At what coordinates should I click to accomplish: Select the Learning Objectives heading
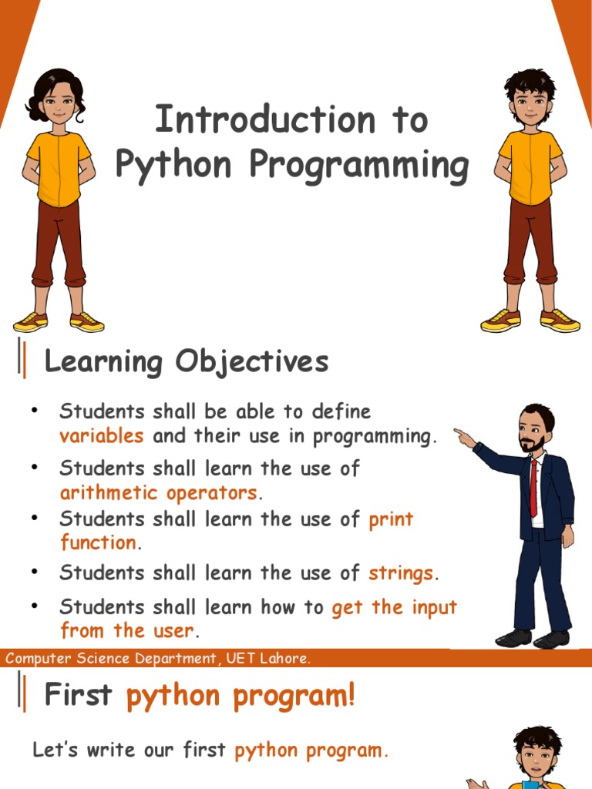[x=187, y=361]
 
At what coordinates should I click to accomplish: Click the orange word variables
[x=102, y=436]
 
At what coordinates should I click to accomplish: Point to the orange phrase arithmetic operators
[x=158, y=492]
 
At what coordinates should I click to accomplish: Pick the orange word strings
[x=401, y=573]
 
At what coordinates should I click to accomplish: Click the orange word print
[x=391, y=519]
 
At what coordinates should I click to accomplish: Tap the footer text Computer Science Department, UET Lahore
[x=158, y=659]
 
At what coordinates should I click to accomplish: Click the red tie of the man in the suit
[x=533, y=486]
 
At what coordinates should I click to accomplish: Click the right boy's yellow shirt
[x=530, y=165]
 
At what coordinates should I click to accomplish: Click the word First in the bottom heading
[x=79, y=696]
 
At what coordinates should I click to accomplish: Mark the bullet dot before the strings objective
[x=35, y=572]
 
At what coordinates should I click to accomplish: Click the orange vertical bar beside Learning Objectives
[x=25, y=361]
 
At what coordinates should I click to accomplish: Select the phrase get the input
[x=394, y=607]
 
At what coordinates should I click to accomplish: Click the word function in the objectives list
[x=98, y=542]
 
